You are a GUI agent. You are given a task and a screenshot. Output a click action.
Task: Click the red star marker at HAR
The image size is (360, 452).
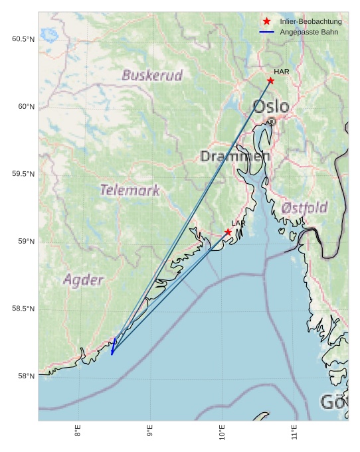coord(270,81)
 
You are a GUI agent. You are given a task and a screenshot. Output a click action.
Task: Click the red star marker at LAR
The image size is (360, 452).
coord(228,232)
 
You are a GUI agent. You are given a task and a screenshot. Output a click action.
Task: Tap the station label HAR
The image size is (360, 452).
coord(282,71)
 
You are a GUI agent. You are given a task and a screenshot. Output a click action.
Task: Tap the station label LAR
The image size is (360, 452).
coord(238,223)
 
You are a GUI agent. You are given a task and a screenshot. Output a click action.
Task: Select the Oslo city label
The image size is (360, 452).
coord(271,106)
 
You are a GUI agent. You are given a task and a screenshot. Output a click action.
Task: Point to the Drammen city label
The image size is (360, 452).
coord(235,157)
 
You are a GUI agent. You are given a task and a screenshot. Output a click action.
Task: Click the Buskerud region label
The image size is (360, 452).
coord(152,75)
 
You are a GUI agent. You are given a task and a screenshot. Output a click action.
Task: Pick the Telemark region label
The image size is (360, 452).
coord(130,190)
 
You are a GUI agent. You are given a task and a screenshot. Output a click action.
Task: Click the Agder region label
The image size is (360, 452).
coord(84,279)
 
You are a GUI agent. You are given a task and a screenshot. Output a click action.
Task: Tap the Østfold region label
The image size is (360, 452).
coord(304,208)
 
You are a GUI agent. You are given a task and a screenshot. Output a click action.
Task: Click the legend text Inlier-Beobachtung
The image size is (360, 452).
coord(311,21)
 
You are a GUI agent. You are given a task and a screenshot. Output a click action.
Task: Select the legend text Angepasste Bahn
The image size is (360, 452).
coord(309,32)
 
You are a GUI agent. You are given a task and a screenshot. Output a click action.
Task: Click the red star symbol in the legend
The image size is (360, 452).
coord(267,21)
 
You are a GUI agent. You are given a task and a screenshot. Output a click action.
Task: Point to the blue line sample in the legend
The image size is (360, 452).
coord(267,32)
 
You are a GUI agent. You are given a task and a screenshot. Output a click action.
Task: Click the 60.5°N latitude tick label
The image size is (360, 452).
coord(23,39)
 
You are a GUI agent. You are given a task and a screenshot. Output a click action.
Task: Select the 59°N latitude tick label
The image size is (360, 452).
coord(25,242)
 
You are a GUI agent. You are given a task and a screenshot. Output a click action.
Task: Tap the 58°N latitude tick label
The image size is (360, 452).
coord(25,376)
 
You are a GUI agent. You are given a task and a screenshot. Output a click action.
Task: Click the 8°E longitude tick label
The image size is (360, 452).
coord(78,431)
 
